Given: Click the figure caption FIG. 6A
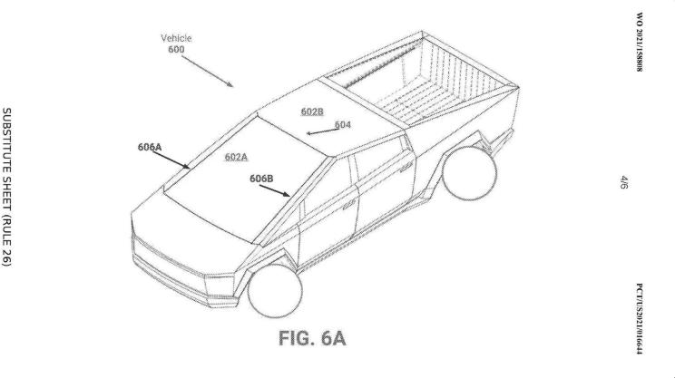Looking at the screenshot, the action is (x=312, y=338).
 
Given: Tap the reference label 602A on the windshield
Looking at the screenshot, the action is (x=236, y=157).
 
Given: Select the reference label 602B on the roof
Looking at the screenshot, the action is (x=312, y=111).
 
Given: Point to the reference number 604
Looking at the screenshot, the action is (x=343, y=125).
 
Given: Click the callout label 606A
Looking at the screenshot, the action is (x=150, y=147).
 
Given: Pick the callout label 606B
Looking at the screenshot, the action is (x=261, y=178).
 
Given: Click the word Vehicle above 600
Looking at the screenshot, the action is (x=176, y=38).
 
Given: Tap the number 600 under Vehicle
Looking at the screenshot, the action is (x=176, y=50).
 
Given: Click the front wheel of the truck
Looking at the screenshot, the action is (x=275, y=291).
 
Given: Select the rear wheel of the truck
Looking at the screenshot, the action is (x=469, y=173).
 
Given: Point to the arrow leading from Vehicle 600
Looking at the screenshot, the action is (x=207, y=72).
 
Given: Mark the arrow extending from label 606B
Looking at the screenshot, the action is (x=275, y=190).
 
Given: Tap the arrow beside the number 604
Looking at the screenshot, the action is (x=320, y=131).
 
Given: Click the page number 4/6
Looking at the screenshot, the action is (x=624, y=182).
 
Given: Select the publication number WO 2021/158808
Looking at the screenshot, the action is (x=640, y=42).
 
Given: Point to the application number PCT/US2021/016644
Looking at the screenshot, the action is (x=640, y=319).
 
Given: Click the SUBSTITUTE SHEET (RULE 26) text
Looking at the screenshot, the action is (x=7, y=187).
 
